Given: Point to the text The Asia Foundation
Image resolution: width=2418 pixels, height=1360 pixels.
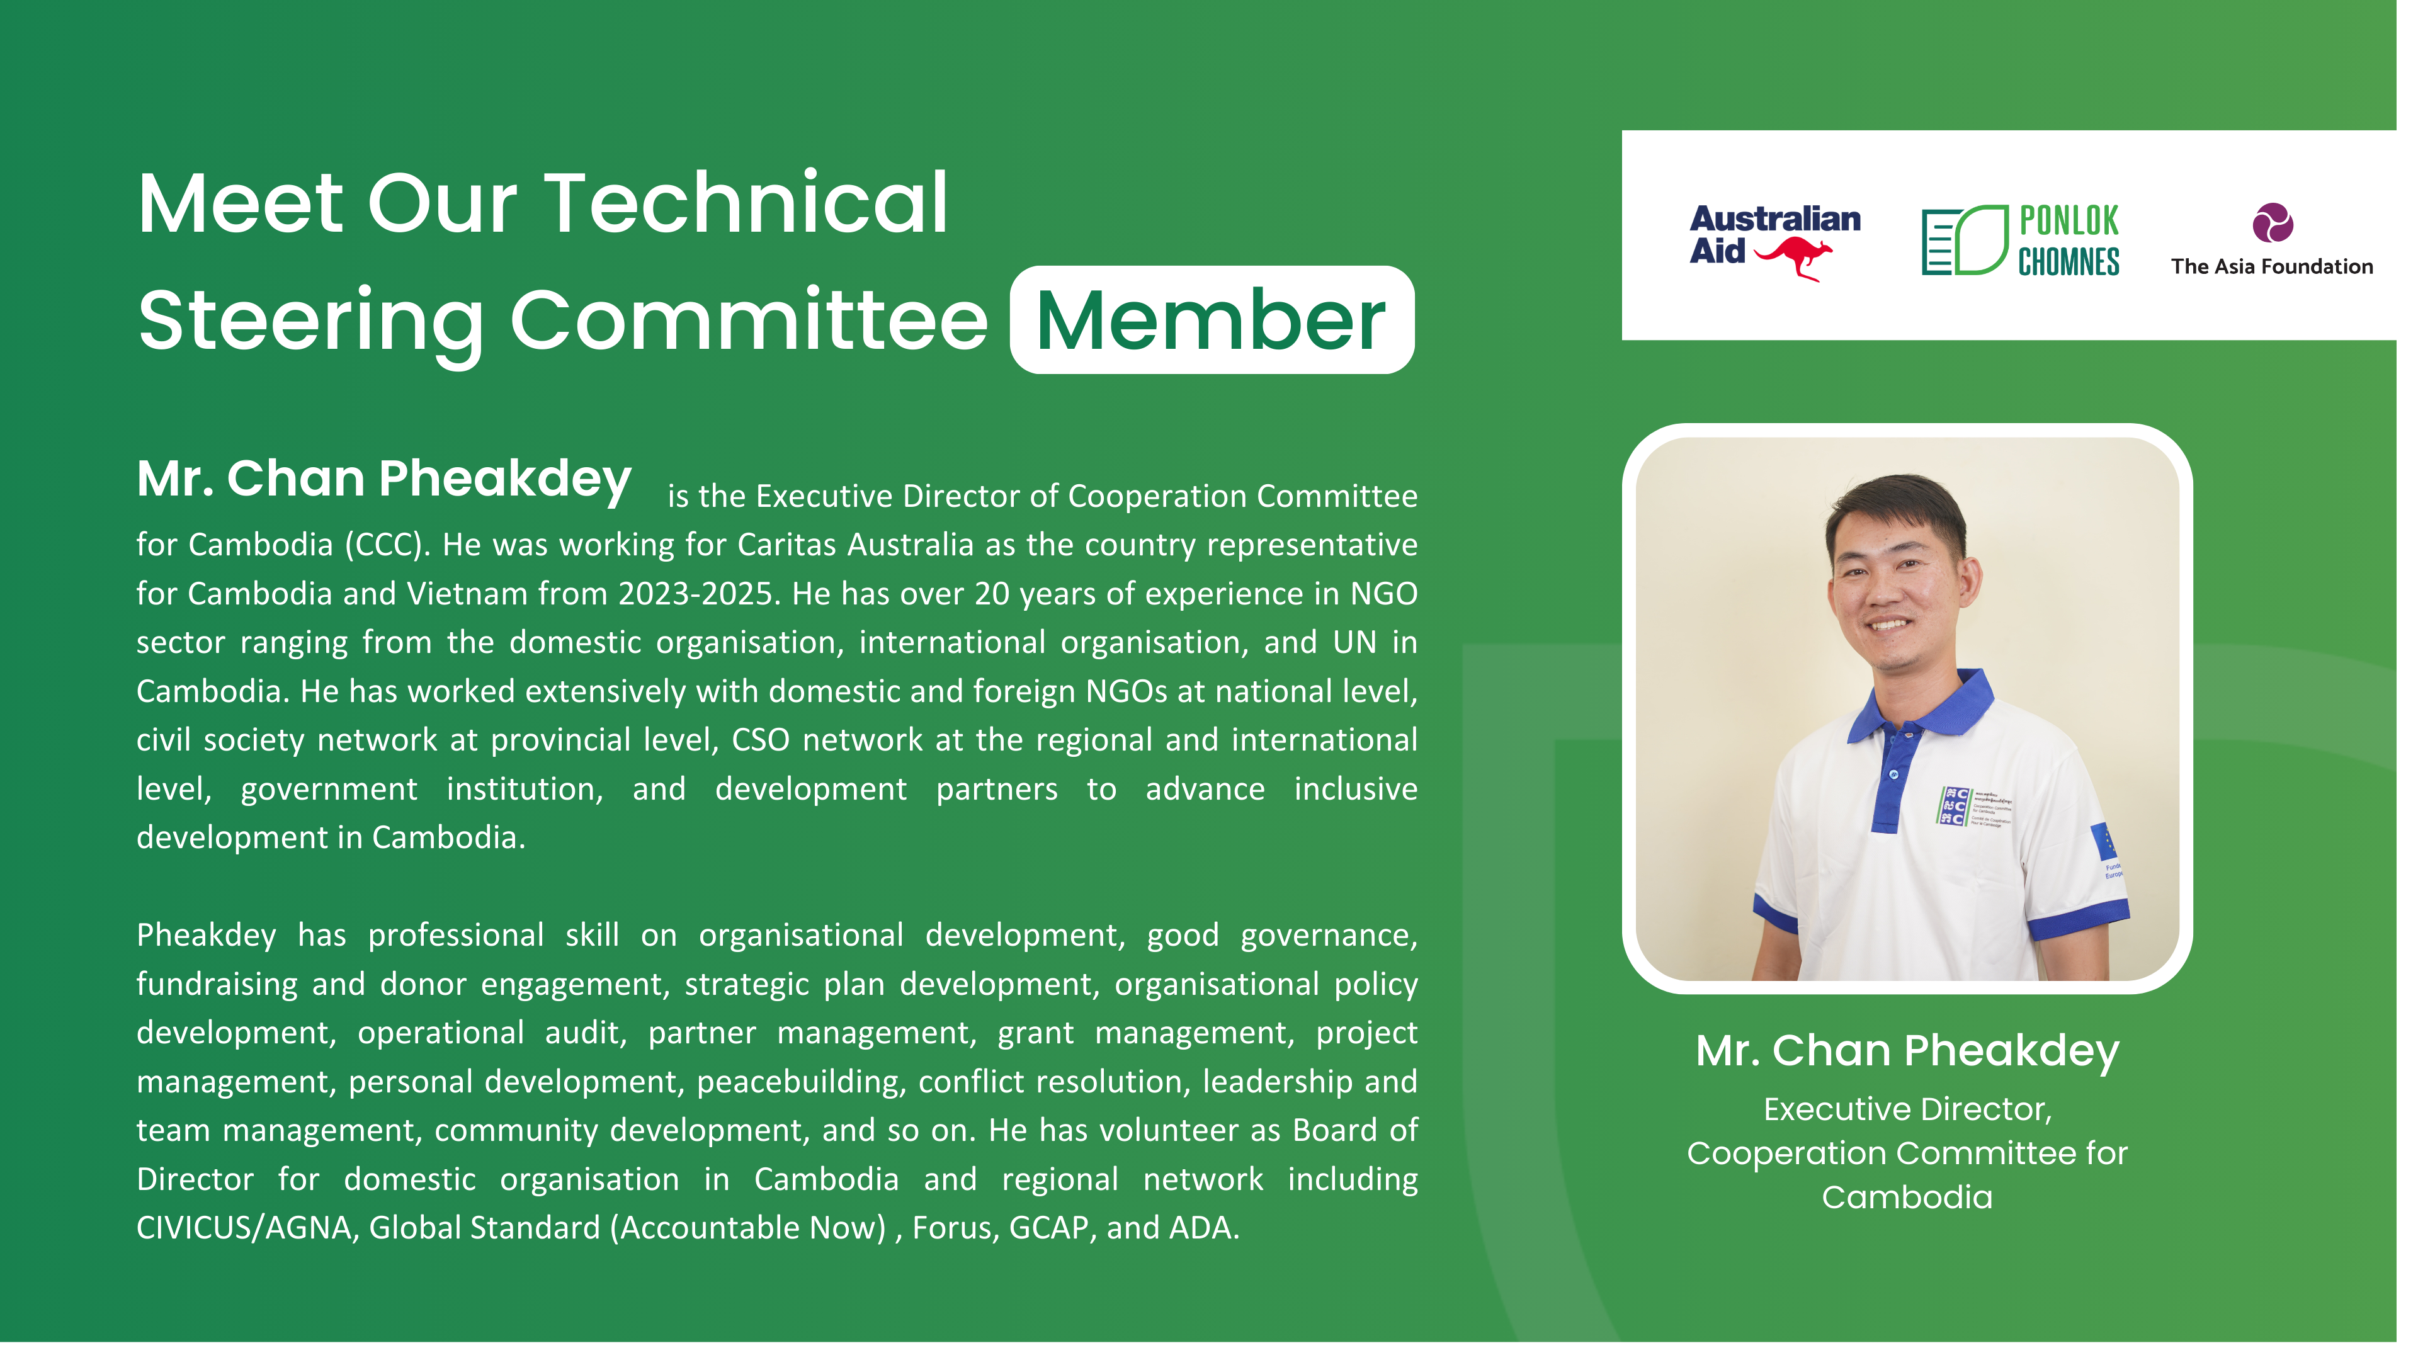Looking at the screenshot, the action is (x=2291, y=268).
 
